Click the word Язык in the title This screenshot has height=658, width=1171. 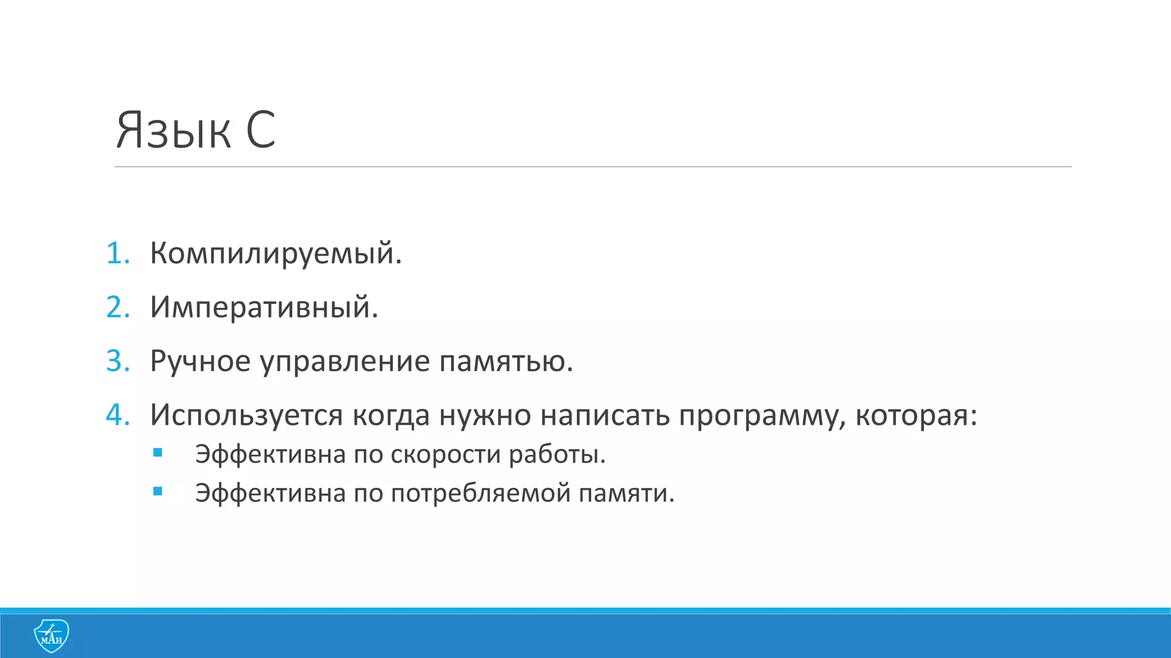click(173, 131)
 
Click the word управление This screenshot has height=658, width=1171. click(345, 361)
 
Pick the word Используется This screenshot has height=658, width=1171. click(246, 415)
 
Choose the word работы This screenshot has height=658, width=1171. click(556, 455)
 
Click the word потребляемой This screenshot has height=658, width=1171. click(480, 493)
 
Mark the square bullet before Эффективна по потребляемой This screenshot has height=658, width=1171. click(158, 491)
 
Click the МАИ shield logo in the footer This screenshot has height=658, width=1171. click(51, 636)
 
